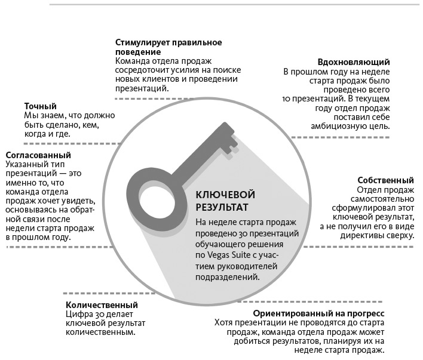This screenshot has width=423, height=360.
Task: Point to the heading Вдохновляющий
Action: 355,62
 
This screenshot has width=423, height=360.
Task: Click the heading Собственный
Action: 386,180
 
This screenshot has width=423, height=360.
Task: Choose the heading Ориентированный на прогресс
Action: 318,313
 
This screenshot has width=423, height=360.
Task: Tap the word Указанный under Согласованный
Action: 25,163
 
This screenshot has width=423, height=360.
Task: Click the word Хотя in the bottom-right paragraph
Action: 225,323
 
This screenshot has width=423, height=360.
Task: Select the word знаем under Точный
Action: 53,115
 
